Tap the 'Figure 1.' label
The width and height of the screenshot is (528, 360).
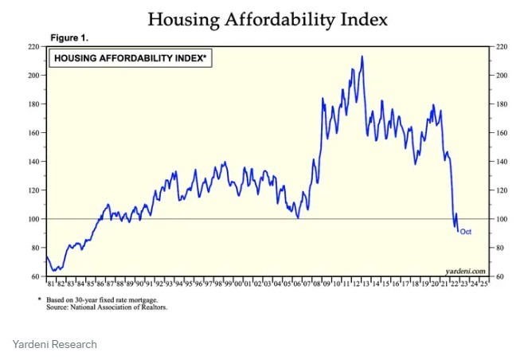coord(71,38)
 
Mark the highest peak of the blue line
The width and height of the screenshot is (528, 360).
coord(362,57)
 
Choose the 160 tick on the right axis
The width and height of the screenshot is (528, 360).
coord(502,133)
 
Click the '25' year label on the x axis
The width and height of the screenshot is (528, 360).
coord(483,284)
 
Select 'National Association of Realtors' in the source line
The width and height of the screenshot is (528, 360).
coord(128,307)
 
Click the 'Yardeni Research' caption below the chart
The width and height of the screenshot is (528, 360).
coord(55,344)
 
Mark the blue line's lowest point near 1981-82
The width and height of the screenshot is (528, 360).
coord(54,272)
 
